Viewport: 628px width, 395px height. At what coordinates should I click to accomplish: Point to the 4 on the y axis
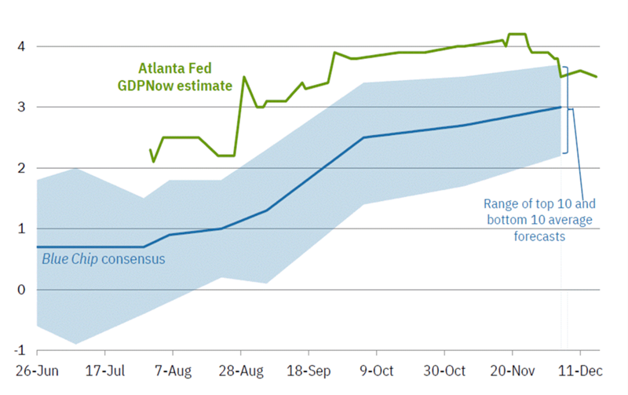coord(21,46)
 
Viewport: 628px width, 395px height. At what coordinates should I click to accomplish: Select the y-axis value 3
coord(21,107)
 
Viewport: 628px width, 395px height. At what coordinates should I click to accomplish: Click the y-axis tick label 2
coord(21,168)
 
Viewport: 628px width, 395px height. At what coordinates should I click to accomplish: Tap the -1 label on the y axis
coord(20,350)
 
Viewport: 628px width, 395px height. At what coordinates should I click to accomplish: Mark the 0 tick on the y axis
coord(21,290)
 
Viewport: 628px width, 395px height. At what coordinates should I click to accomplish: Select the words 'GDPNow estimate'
coord(185,85)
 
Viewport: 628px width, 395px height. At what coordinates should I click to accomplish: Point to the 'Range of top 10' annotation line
coord(539,204)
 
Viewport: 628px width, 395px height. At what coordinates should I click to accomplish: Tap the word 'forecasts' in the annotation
coord(539,235)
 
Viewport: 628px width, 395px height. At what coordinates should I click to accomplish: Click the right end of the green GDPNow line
coord(597,77)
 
